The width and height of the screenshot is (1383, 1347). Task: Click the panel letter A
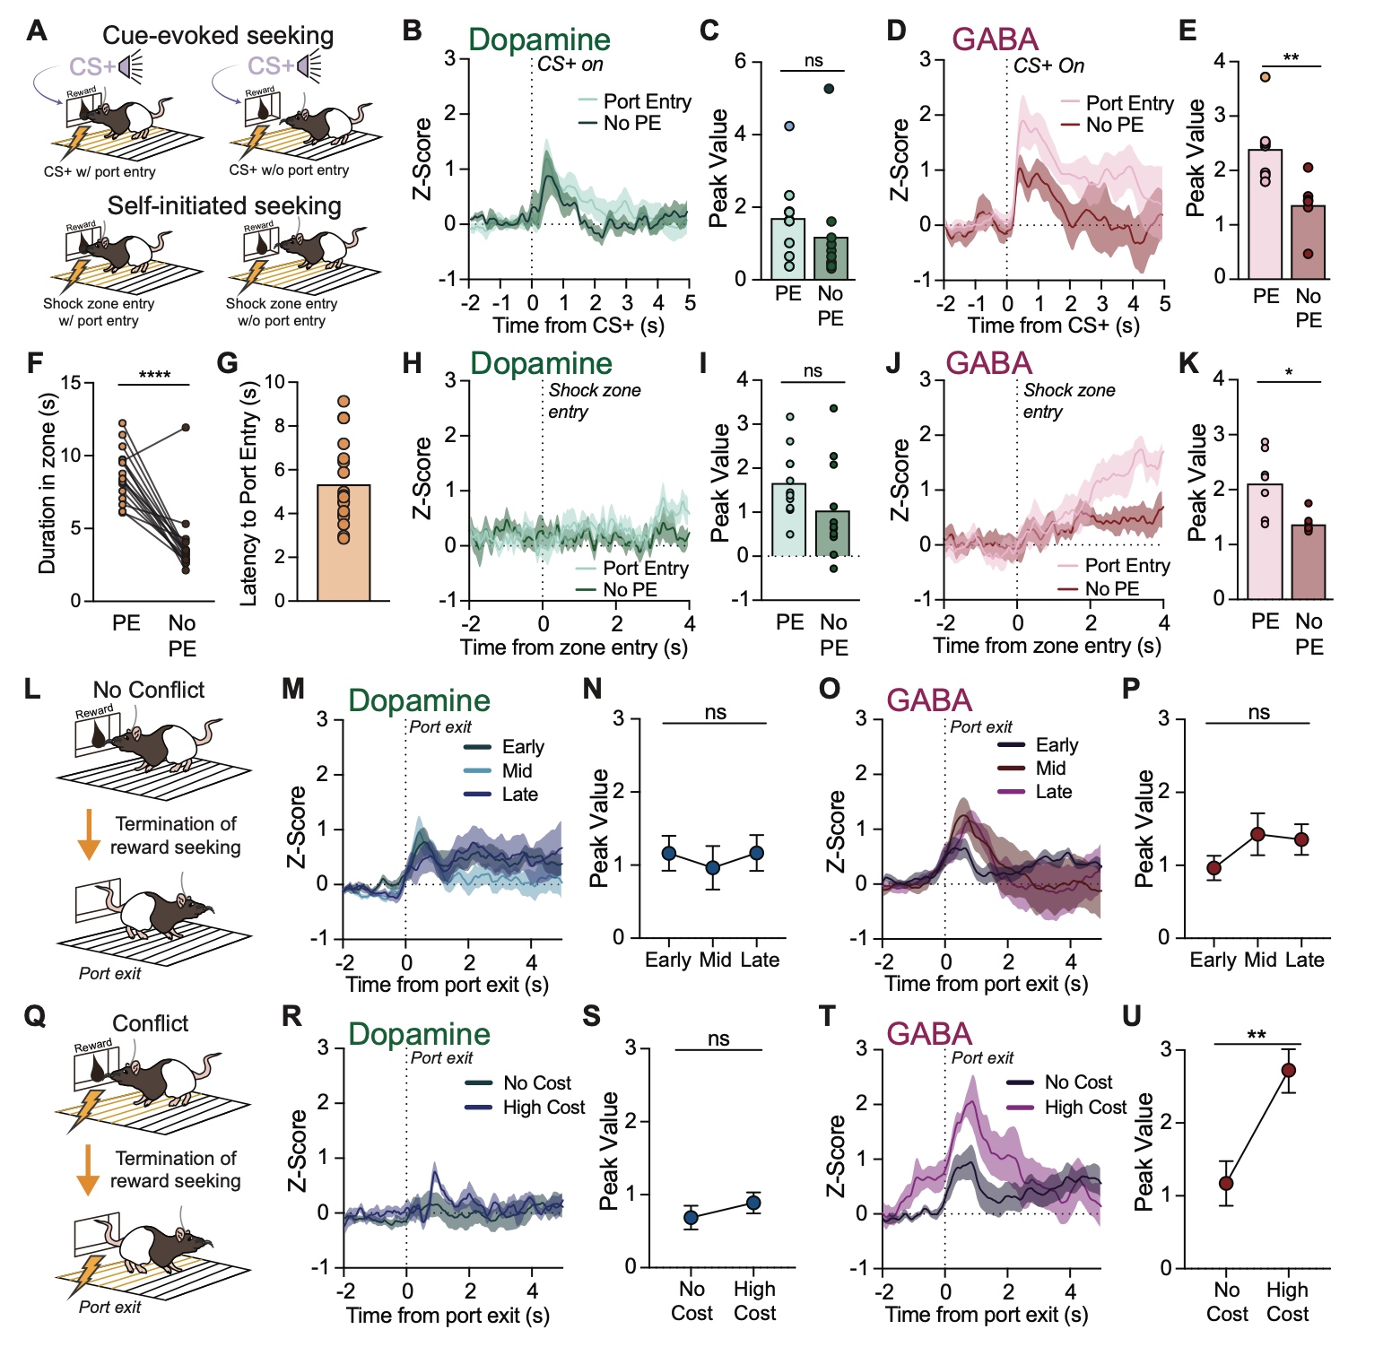[36, 30]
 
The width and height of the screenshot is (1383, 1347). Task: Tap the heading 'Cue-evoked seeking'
[218, 35]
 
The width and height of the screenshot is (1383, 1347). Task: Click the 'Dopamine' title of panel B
[539, 39]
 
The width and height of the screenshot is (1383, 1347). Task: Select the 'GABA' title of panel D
[995, 39]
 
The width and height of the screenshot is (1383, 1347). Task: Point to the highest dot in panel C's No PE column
[829, 88]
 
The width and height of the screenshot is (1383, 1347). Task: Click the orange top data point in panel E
[1265, 77]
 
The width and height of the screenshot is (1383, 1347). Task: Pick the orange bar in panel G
[344, 542]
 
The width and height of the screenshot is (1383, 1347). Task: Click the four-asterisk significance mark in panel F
[154, 376]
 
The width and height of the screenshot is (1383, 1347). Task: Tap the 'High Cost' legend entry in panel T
[1084, 1108]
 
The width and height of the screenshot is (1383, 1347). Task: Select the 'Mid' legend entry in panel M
[517, 771]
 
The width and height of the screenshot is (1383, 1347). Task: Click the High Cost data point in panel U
[1288, 1070]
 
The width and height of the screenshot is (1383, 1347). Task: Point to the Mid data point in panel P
[1257, 835]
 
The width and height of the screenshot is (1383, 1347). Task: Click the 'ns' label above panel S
[718, 1038]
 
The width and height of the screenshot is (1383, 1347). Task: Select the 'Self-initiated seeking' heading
[224, 205]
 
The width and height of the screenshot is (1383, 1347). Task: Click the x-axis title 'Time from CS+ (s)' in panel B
[578, 325]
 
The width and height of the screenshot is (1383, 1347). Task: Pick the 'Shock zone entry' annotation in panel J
[1068, 401]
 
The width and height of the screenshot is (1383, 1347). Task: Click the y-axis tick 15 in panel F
[71, 384]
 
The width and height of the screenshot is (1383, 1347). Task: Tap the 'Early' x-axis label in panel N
[668, 960]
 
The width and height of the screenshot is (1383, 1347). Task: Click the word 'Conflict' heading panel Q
[151, 1023]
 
